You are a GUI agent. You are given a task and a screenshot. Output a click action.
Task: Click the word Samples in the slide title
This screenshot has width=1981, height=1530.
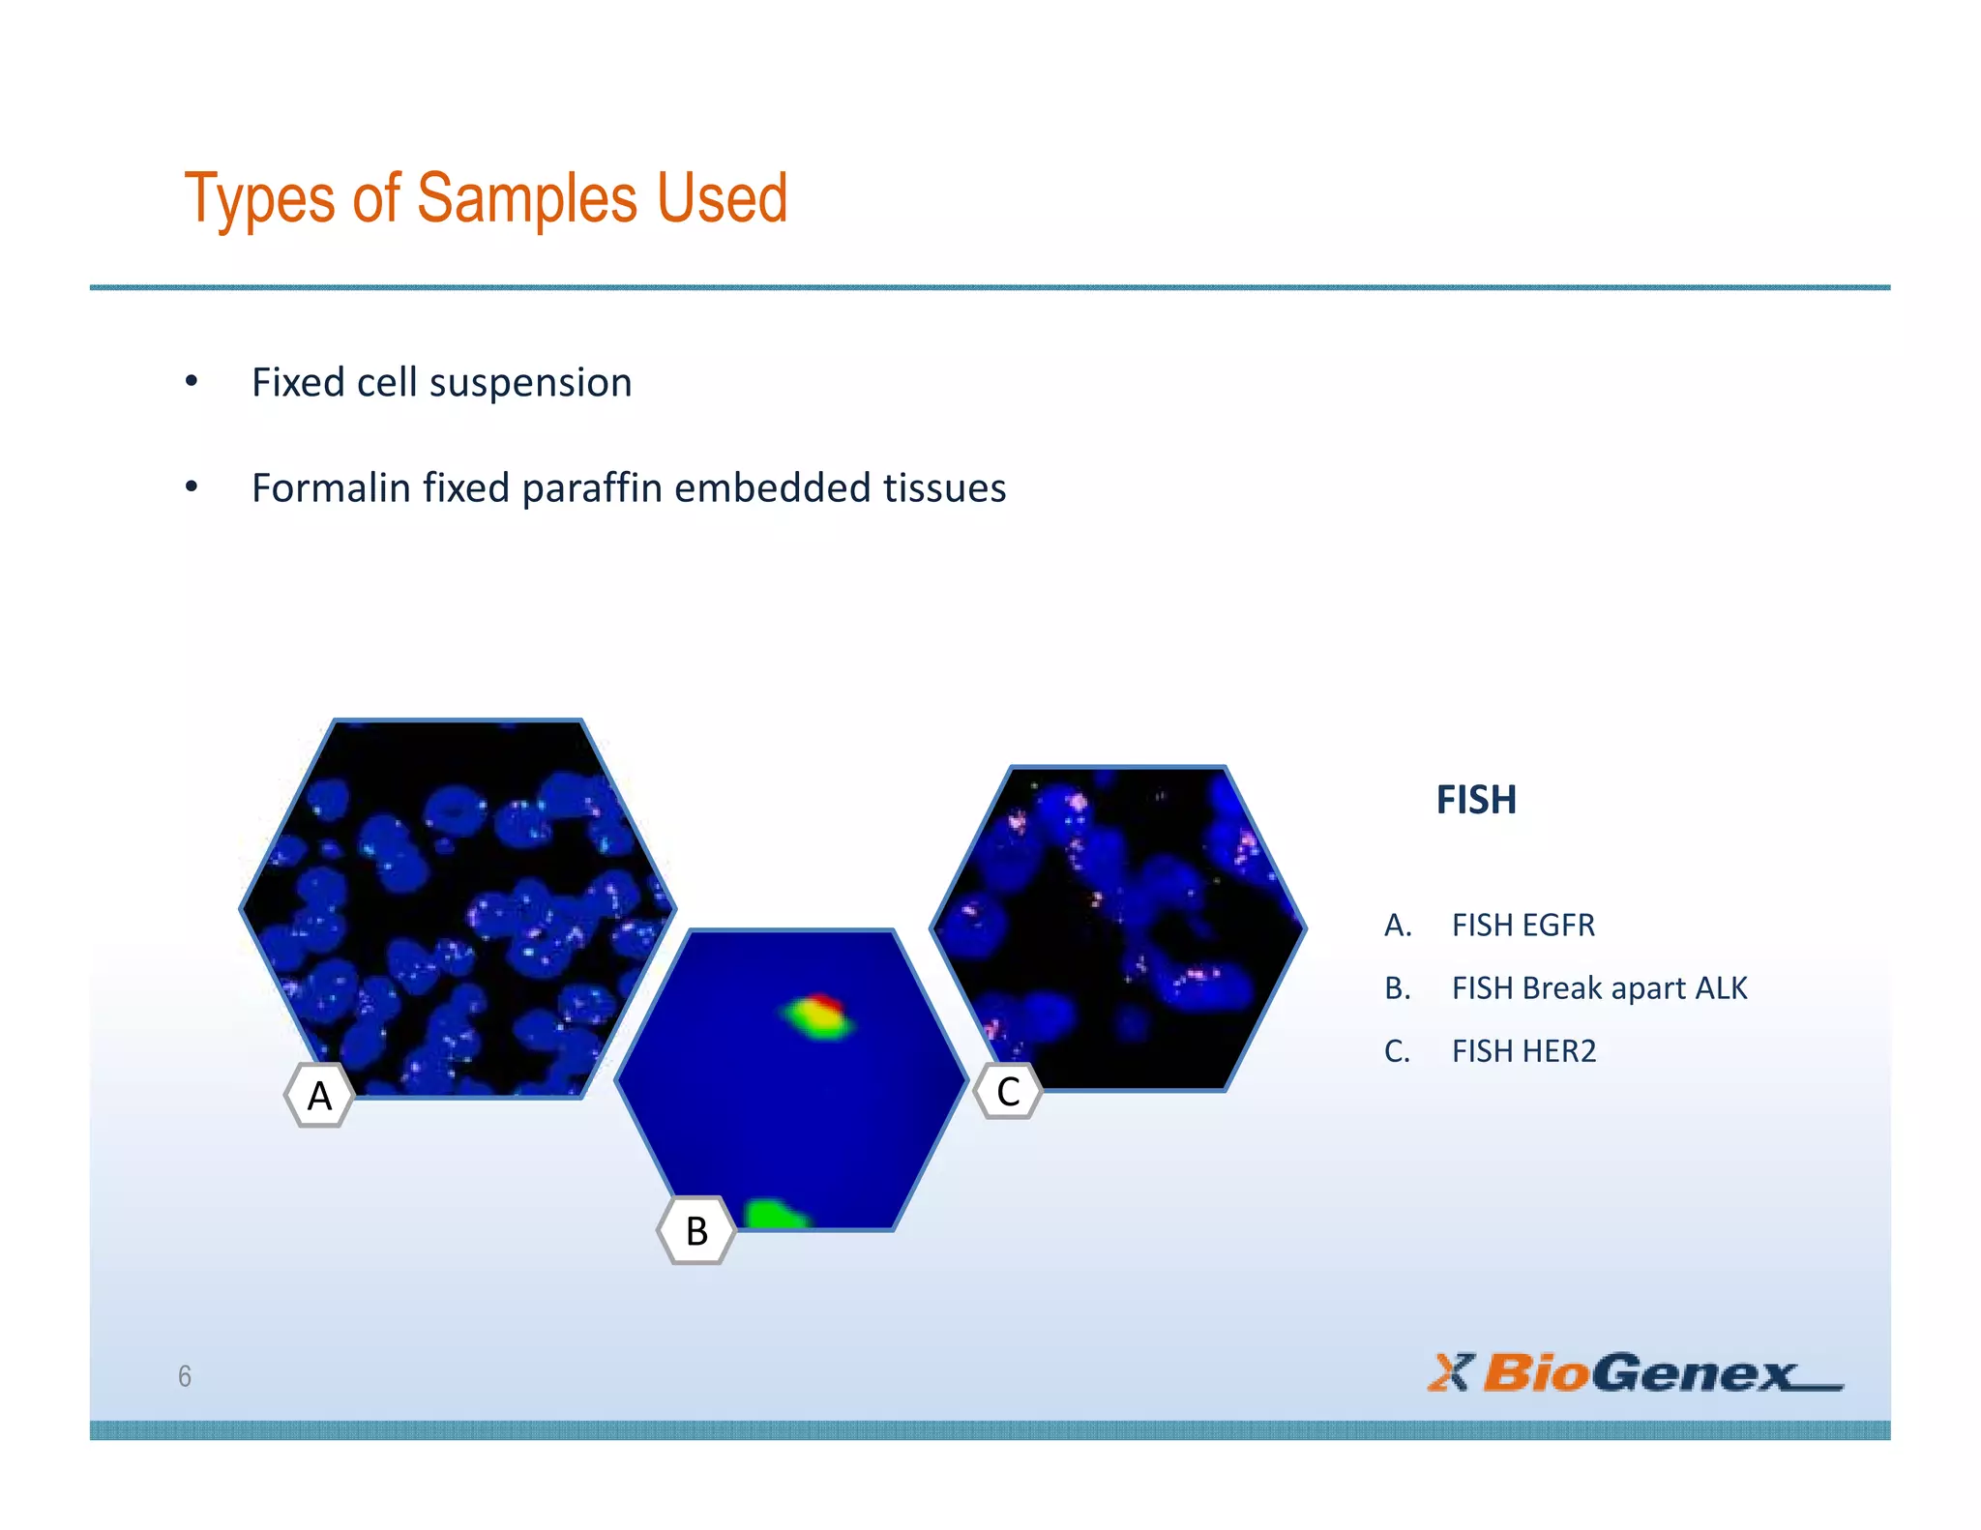(x=527, y=199)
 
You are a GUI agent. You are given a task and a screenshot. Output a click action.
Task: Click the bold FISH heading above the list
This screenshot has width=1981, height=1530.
(x=1475, y=800)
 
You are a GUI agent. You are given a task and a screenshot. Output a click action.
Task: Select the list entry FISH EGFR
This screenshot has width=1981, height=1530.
(x=1523, y=926)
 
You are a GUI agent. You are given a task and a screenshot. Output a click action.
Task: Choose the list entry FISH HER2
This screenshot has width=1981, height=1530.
(x=1523, y=1051)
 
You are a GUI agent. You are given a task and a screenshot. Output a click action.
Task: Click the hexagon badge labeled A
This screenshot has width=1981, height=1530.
(x=319, y=1096)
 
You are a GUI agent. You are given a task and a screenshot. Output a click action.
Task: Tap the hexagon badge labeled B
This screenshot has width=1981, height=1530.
(x=696, y=1231)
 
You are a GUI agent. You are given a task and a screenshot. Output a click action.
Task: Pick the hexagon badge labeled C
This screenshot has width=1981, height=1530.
(x=1008, y=1092)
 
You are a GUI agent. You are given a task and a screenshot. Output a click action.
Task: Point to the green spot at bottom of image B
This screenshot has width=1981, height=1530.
(x=773, y=1215)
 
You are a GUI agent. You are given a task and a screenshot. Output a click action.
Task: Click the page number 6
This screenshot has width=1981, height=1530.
(x=185, y=1376)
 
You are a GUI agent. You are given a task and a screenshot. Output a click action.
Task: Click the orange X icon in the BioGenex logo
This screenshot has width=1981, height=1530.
(x=1450, y=1372)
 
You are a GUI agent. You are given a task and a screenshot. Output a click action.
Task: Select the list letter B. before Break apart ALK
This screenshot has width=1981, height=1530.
(x=1397, y=988)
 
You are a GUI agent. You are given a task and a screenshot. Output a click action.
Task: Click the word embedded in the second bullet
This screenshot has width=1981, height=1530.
(x=772, y=488)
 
